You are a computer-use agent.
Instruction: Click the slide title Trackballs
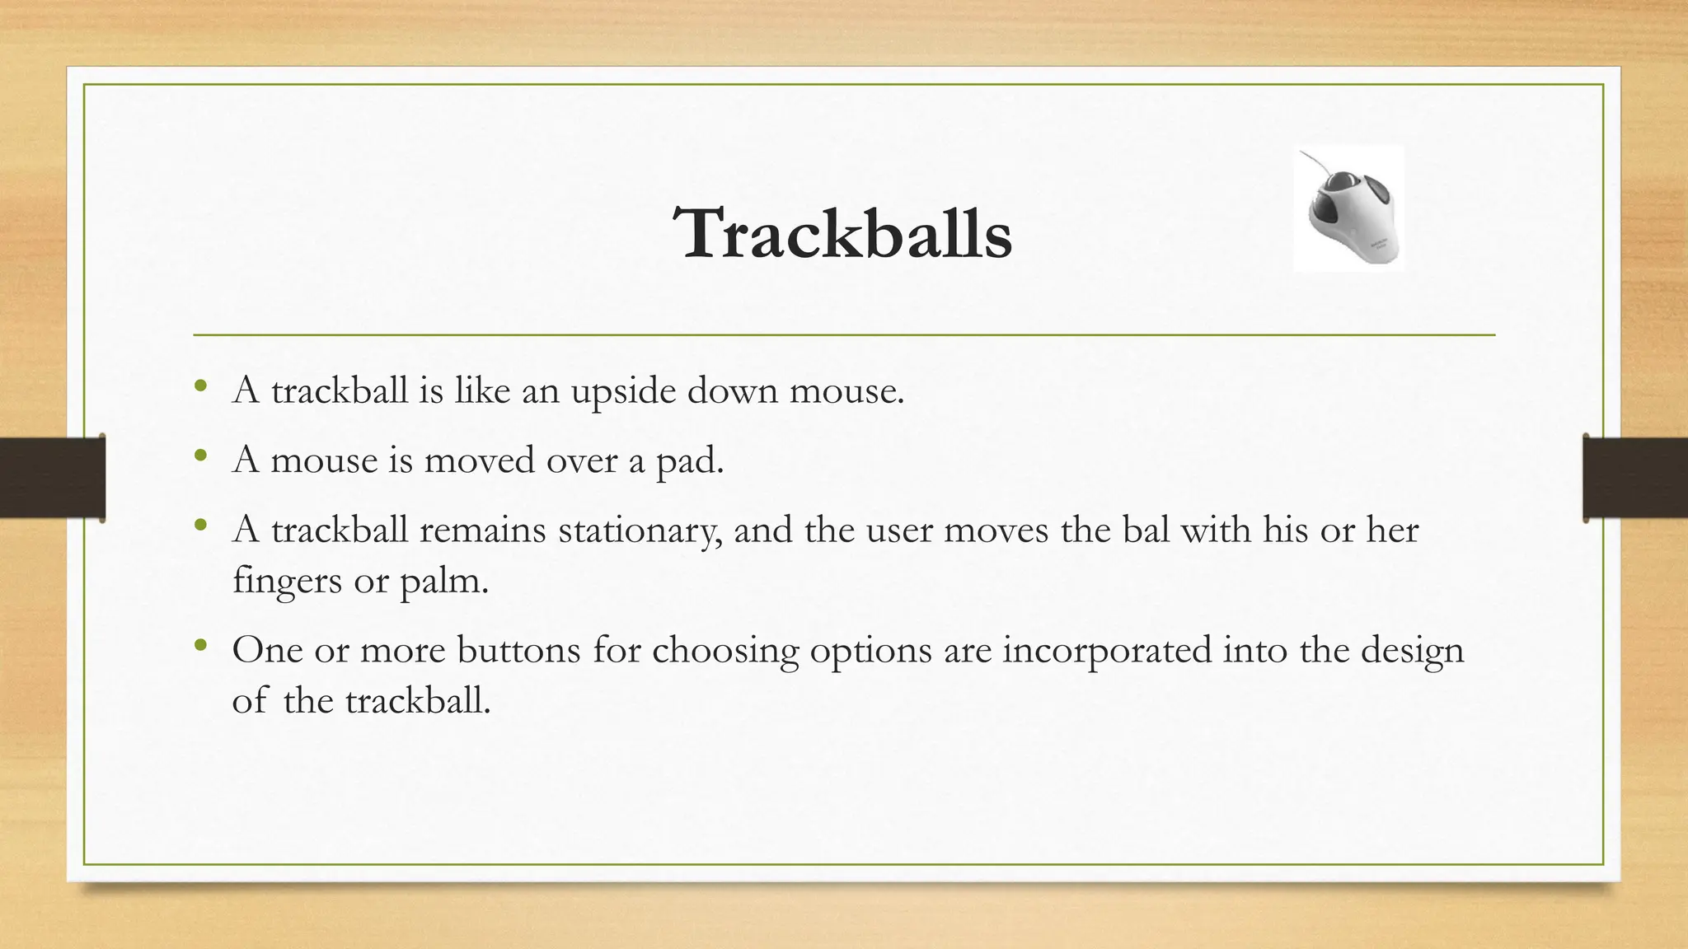tap(842, 234)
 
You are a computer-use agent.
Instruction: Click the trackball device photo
tap(1349, 209)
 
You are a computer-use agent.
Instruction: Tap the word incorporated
tap(1107, 650)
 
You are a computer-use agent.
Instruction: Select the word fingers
tap(287, 582)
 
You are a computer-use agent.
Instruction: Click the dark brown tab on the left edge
tap(52, 478)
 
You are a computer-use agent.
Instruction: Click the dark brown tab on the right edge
tap(1635, 478)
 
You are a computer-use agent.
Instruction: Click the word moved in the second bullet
tap(478, 460)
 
